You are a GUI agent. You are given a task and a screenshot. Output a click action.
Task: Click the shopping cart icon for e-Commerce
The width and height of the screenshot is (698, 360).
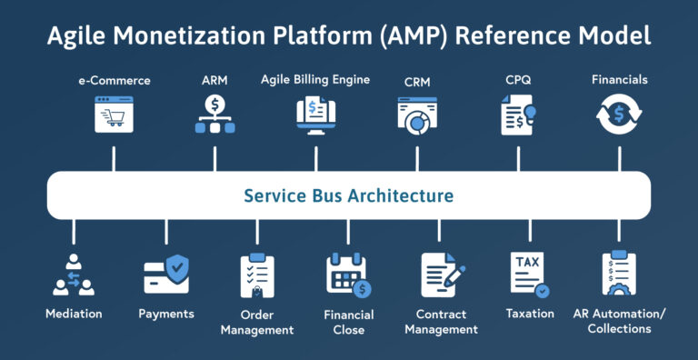tap(115, 116)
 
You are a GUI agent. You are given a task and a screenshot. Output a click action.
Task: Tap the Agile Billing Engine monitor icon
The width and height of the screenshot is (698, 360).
tap(316, 116)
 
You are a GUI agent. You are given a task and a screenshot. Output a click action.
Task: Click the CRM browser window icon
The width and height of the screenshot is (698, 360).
tap(417, 116)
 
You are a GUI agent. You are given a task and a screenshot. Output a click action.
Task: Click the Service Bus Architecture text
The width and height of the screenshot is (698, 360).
tap(349, 195)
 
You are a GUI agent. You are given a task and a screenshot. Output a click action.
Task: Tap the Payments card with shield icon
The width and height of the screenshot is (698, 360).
tap(166, 275)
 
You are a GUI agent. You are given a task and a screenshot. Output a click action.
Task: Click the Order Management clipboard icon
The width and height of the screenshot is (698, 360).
tap(257, 276)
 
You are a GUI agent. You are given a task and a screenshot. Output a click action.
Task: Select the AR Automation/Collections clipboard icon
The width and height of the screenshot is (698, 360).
tap(619, 275)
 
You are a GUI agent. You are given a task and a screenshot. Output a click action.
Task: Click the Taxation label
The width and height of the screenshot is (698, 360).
tap(530, 314)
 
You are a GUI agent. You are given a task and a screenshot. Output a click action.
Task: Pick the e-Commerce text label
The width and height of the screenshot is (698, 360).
tap(115, 81)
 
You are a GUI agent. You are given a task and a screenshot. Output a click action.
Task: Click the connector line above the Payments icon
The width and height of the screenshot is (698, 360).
tap(166, 232)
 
